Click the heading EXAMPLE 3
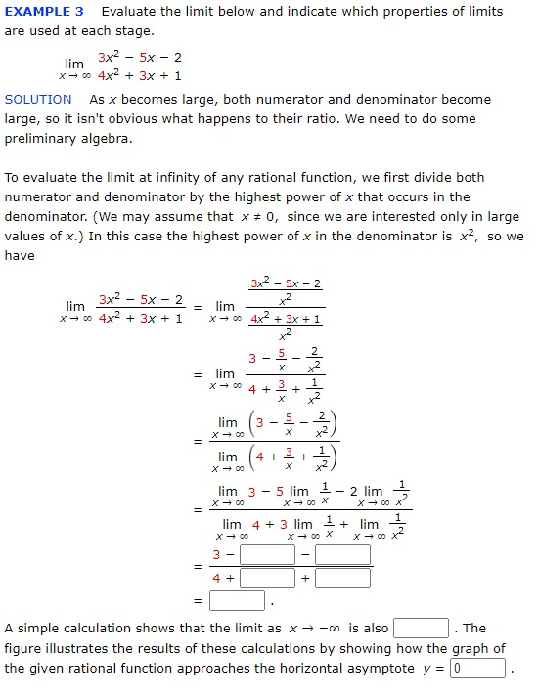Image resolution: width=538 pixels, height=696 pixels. (x=44, y=12)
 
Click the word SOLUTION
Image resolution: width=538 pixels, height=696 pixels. (x=38, y=99)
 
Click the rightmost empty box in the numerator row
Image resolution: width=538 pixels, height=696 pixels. (x=342, y=555)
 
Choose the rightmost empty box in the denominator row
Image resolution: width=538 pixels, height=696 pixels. (x=342, y=578)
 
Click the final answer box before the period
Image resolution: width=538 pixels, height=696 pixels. (x=236, y=600)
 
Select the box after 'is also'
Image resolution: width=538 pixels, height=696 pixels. (x=421, y=628)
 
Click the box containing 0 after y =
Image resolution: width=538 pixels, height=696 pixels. (x=478, y=669)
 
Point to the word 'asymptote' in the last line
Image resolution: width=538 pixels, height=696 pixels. (x=382, y=669)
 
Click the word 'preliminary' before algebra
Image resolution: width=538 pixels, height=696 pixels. (x=47, y=138)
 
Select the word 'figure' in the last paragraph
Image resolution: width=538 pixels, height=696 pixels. (x=25, y=649)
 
